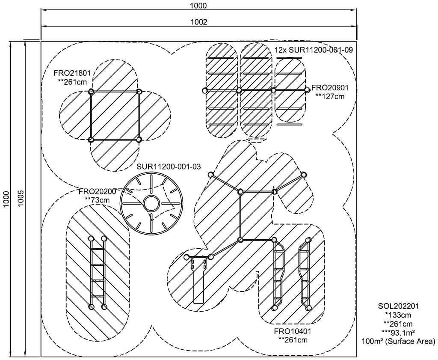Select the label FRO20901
330,88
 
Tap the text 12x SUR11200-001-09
314,50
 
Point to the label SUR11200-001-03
169,166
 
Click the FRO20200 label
98,191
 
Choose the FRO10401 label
292,332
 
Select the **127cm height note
330,96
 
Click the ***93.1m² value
398,332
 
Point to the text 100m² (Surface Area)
398,341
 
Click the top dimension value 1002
199,22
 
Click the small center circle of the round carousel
151,202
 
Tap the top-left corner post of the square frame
91,92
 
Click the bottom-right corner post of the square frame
139,140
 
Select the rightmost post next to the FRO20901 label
307,89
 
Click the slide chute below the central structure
199,283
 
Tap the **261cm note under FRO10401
292,340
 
